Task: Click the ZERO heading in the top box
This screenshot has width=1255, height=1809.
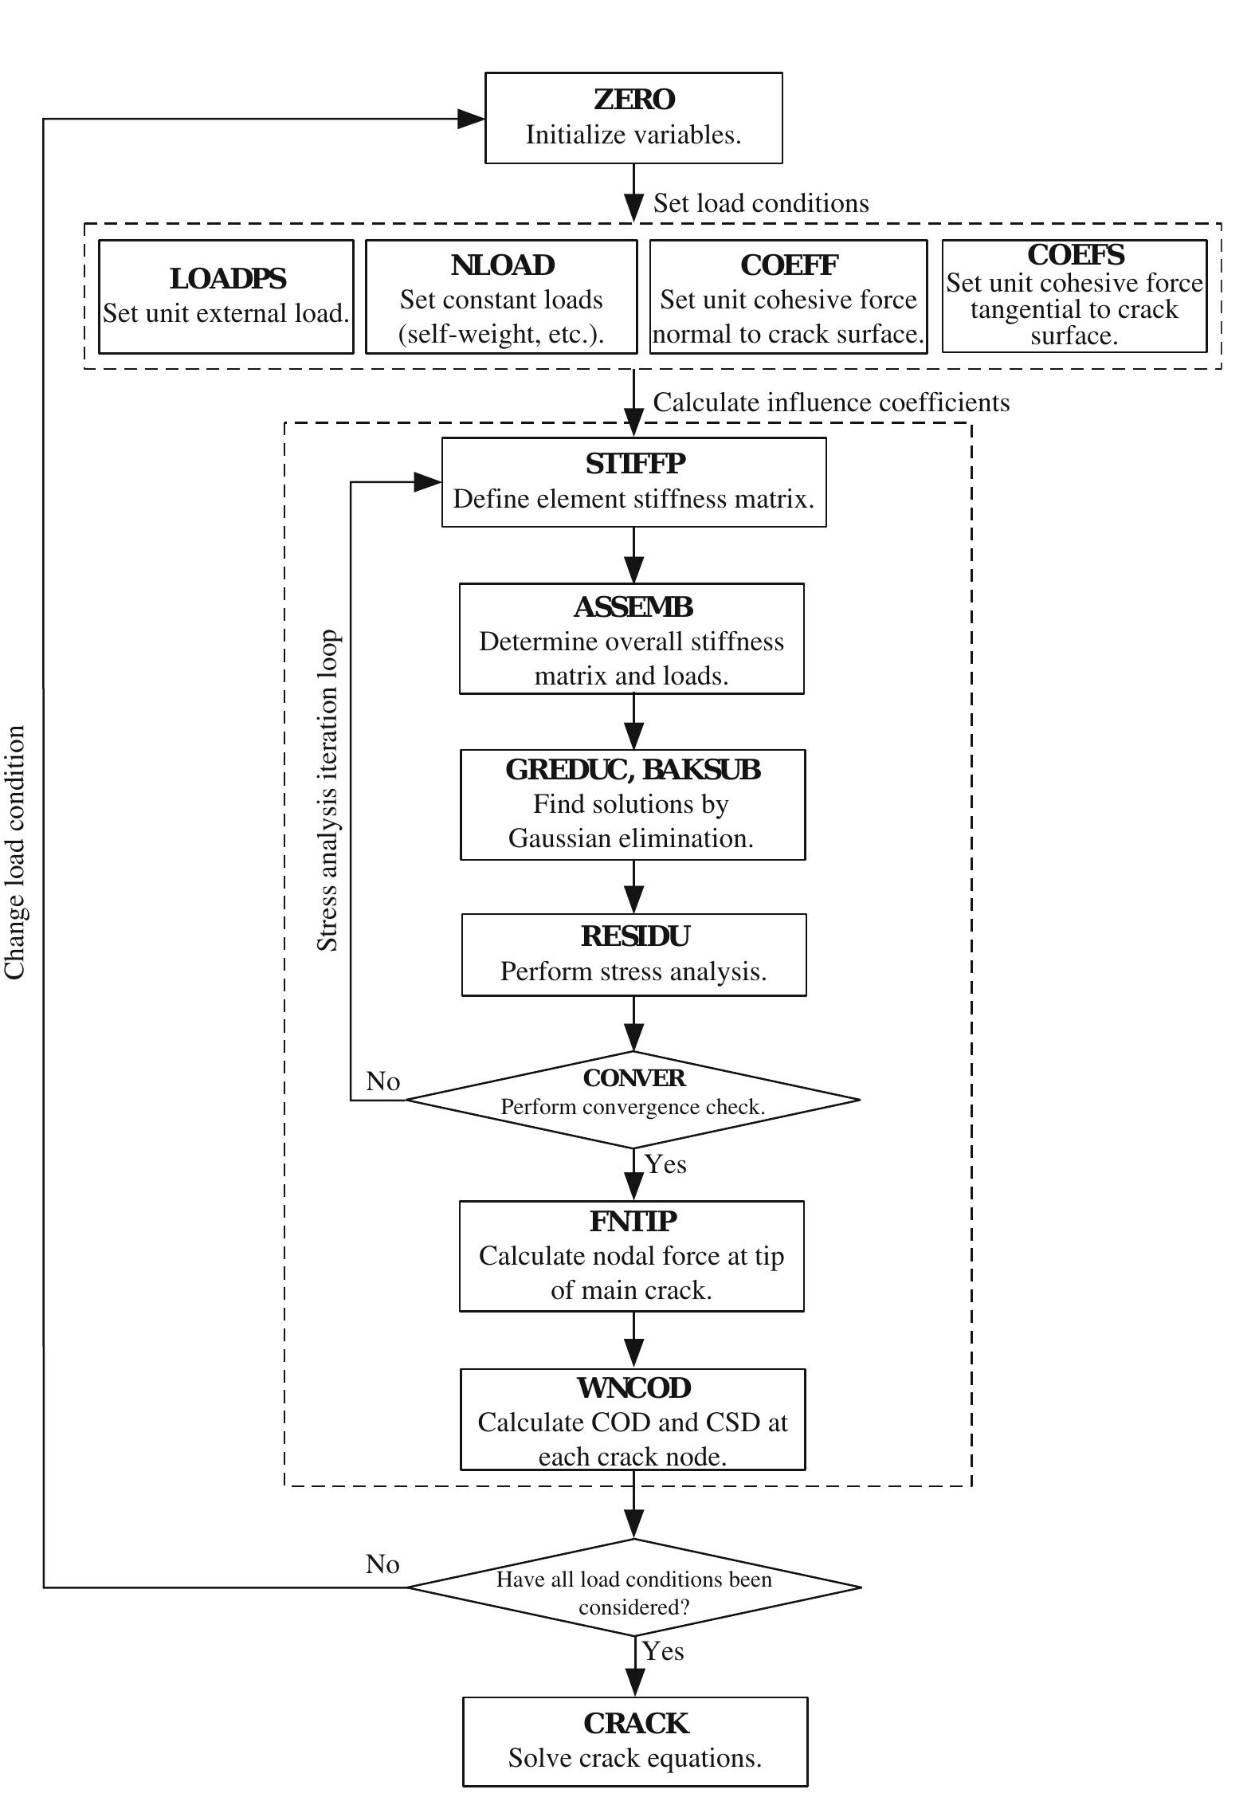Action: pos(634,100)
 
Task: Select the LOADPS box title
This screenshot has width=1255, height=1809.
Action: pos(227,279)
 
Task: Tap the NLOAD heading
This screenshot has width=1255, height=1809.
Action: pos(502,265)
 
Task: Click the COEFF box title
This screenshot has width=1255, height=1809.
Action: pos(789,265)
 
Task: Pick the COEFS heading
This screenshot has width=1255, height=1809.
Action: pos(1075,255)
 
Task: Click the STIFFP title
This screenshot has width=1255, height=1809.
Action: pos(634,464)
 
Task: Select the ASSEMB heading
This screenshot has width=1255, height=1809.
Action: pos(633,607)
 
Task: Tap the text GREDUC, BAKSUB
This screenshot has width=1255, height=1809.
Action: pos(633,770)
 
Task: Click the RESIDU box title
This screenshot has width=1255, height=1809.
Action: pos(634,936)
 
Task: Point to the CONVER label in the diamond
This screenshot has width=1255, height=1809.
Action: pos(633,1078)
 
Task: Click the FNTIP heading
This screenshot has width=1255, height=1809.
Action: pos(633,1222)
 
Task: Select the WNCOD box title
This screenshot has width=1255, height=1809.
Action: pos(633,1388)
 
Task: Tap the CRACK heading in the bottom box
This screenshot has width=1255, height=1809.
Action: pos(635,1724)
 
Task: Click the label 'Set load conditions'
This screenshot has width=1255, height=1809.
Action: pos(761,203)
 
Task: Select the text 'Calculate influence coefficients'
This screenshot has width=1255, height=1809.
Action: pos(831,402)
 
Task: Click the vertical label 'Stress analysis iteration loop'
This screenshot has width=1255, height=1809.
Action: pos(327,791)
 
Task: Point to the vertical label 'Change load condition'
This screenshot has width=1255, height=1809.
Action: pos(15,852)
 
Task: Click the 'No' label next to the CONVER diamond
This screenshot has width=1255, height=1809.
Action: pos(382,1081)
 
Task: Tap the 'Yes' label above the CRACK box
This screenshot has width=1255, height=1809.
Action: pos(663,1651)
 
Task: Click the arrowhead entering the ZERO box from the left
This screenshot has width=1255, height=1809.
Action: pos(471,119)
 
